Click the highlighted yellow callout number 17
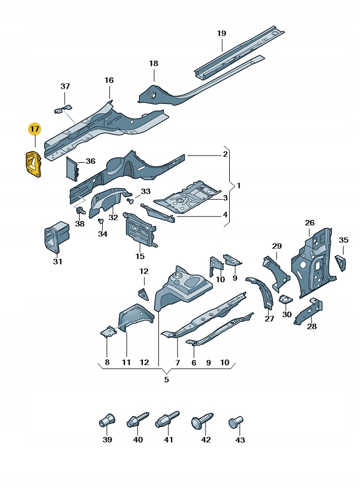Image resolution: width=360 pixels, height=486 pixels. [35, 130]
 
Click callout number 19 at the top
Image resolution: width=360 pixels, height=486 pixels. [221, 34]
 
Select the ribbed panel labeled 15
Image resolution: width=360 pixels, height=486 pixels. [140, 231]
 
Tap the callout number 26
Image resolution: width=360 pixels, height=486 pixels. [309, 223]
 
